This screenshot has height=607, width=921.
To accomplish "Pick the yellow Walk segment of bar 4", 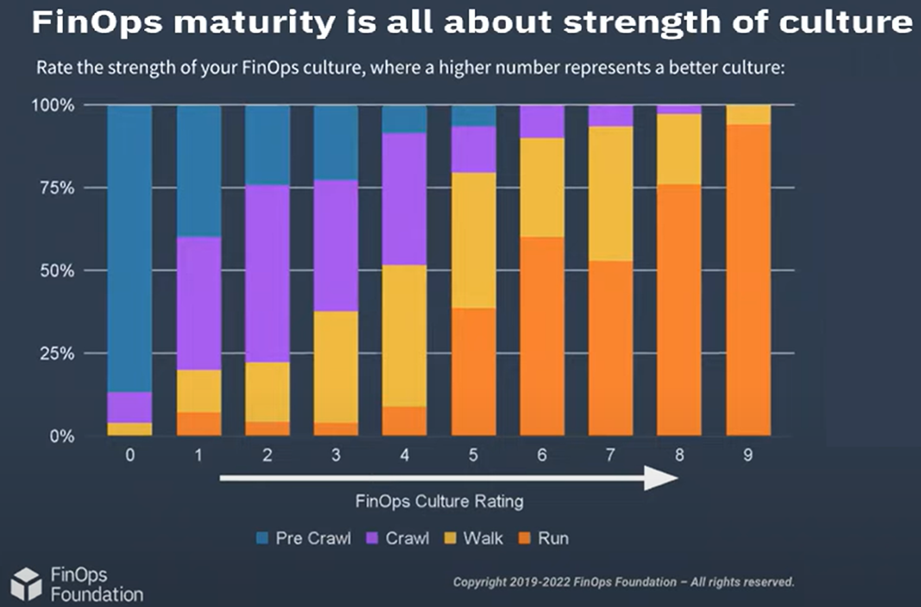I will coord(404,336).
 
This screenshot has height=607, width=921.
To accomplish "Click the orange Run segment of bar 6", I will coord(541,336).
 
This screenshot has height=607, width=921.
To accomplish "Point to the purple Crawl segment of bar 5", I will coord(473,149).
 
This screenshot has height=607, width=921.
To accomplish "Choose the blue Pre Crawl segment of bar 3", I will coord(336,142).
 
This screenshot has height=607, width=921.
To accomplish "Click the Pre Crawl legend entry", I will coord(304,538).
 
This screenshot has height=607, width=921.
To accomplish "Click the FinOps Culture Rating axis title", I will coord(438,501).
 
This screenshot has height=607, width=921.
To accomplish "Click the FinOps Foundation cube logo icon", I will coord(25,583).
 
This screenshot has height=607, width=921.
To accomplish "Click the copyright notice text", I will coord(623,582).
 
